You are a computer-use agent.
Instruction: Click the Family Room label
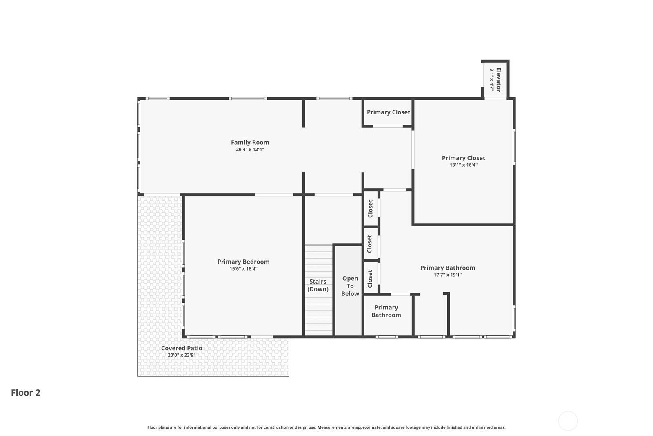tap(250, 143)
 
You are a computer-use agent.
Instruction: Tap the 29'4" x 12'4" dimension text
tap(250, 150)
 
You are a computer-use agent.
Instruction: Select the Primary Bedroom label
tap(243, 262)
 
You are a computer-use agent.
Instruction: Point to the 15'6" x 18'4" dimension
tap(243, 269)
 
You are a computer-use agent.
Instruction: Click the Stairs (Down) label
tap(318, 285)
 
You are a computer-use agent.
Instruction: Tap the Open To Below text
tap(350, 286)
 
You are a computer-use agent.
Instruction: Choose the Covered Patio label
tap(182, 348)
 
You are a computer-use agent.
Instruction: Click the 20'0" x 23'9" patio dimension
tap(182, 355)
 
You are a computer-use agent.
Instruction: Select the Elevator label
tap(498, 80)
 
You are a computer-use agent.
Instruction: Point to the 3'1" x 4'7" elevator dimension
tap(492, 80)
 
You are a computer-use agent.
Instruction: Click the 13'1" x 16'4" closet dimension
tap(464, 165)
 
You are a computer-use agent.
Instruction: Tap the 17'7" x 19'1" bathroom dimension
tap(448, 275)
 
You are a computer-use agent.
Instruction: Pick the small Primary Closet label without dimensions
tap(388, 112)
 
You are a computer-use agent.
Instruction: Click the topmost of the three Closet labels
tap(371, 209)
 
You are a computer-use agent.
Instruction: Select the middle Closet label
tap(370, 244)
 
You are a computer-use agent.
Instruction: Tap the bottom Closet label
tap(370, 279)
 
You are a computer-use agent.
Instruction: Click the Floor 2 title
tap(26, 393)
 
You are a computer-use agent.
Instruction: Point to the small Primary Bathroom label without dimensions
tap(386, 311)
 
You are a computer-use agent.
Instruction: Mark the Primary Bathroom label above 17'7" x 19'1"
tap(448, 268)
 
